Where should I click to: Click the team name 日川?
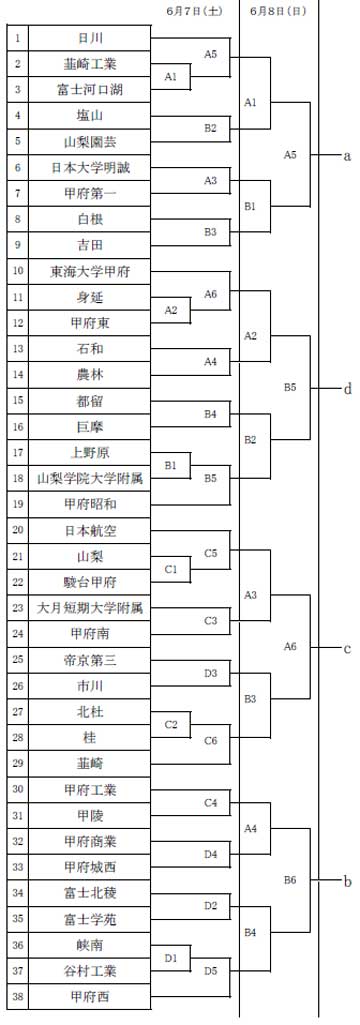91,38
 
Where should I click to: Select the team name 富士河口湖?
91,90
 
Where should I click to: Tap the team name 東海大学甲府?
91,271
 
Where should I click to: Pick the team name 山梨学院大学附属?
91,479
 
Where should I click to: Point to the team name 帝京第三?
91,660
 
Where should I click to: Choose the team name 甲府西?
91,997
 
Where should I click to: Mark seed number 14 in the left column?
18,375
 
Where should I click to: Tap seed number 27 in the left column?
18,712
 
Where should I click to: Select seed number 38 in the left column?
18,997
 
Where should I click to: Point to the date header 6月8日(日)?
278,11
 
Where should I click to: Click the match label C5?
210,553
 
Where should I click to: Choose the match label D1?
171,958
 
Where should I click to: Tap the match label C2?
171,725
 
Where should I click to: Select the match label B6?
290,880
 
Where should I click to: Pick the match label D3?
210,673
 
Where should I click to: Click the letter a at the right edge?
348,156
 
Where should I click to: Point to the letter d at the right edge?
348,389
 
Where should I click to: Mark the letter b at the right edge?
348,882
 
